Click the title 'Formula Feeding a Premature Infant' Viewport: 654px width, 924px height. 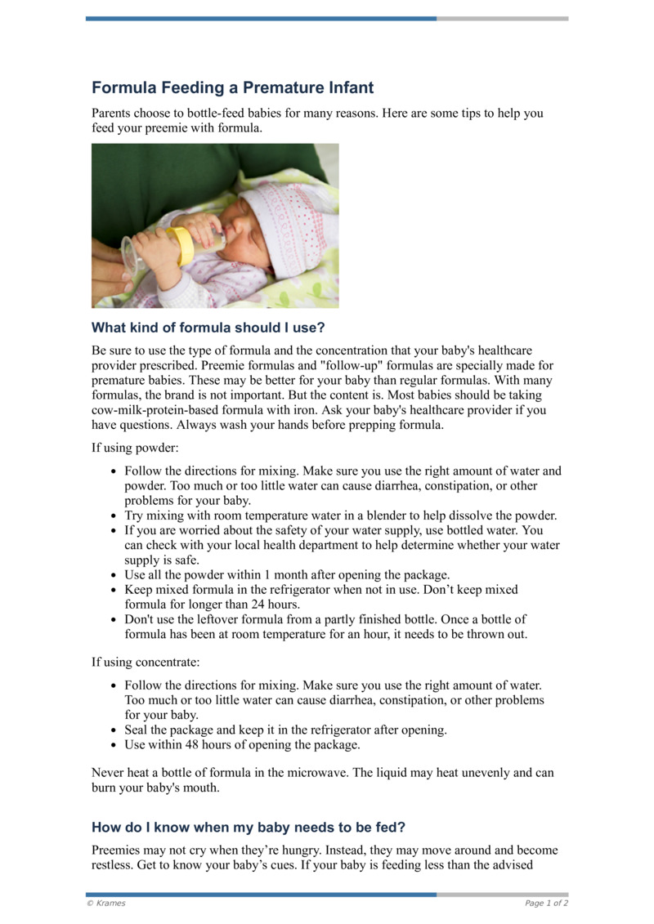[232, 87]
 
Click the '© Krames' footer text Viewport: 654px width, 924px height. [106, 903]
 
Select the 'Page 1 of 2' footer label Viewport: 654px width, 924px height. [546, 903]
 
